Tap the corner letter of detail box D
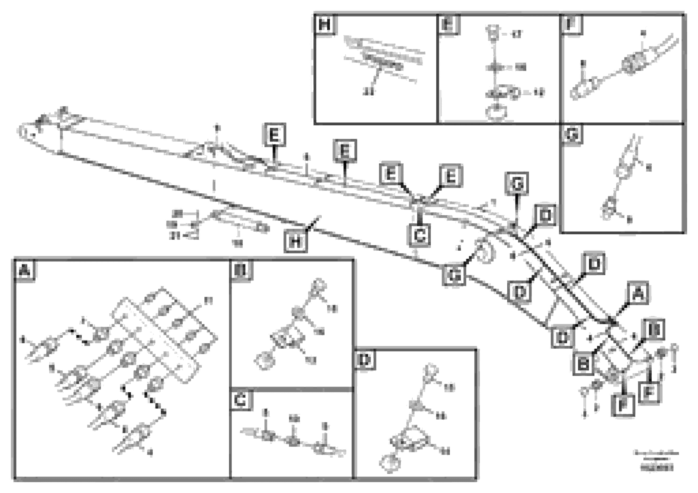[x=365, y=360]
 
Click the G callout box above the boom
[x=517, y=184]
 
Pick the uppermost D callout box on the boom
[x=545, y=215]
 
